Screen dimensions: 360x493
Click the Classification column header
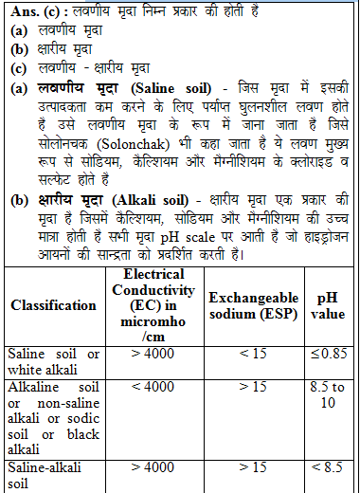(x=53, y=305)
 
